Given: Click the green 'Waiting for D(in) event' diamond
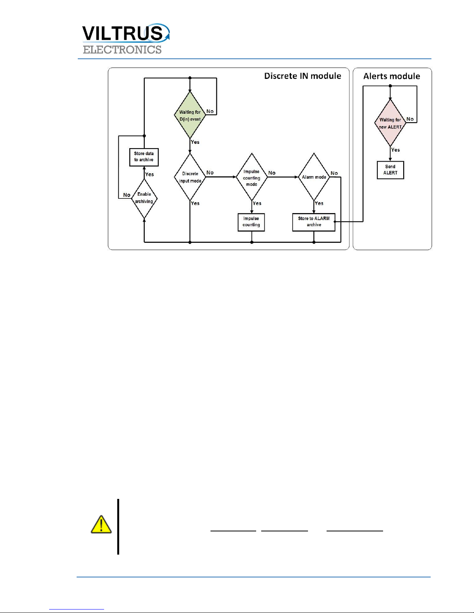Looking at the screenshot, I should (190, 115).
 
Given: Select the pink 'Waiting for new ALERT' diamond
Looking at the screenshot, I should (390, 123).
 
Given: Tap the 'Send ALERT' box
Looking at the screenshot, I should (390, 170).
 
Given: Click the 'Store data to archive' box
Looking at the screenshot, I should (144, 157).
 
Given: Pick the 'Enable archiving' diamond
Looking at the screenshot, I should (144, 198).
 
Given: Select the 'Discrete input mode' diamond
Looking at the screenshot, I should (190, 177).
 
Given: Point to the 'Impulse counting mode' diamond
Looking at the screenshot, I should (252, 178).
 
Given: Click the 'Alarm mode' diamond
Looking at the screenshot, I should (314, 177).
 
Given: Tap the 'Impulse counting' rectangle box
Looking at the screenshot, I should (251, 222).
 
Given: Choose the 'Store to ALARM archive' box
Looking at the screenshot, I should (313, 222).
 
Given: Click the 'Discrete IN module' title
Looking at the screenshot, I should (303, 76).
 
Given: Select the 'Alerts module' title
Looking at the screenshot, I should (392, 76).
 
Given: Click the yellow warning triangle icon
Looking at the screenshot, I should (101, 525).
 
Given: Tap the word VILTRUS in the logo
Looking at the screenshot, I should (123, 33).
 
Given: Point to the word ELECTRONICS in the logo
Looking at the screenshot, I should (122, 50).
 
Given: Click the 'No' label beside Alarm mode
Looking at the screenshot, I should (334, 173).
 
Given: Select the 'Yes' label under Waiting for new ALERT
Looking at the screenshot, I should (395, 150).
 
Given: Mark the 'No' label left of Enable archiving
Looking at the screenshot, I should (127, 195).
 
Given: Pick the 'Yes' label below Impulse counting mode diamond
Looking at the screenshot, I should (257, 203).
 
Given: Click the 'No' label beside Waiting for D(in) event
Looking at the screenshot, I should (210, 111).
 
